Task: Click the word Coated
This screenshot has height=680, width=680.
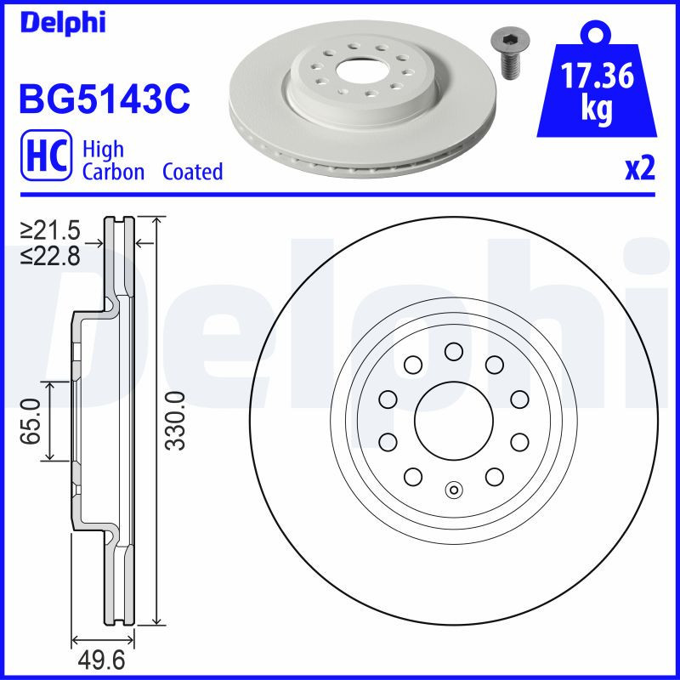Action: pyautogui.click(x=192, y=172)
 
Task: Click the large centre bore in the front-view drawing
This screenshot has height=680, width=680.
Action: pyautogui.click(x=452, y=421)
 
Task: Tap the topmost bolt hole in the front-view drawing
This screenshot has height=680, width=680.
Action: pyautogui.click(x=452, y=352)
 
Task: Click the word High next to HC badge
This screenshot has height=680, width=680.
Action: pyautogui.click(x=103, y=150)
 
